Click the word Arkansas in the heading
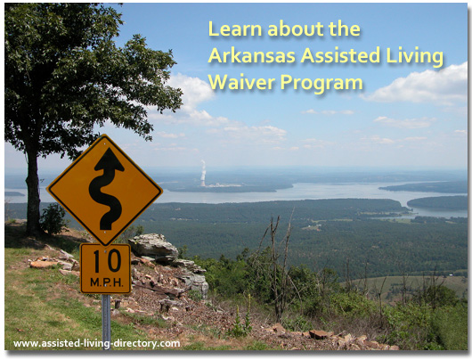click(x=252, y=55)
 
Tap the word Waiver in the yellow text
click(x=241, y=82)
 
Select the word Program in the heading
click(x=321, y=84)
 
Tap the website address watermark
click(x=96, y=343)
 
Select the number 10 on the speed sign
click(x=107, y=261)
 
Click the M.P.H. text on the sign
click(x=106, y=282)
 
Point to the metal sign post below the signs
click(x=106, y=321)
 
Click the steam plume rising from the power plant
click(x=203, y=173)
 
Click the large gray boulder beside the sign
click(x=153, y=247)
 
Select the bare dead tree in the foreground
click(x=280, y=266)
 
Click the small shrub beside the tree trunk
click(x=53, y=218)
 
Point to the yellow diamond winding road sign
click(x=105, y=190)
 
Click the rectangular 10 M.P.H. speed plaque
click(x=106, y=268)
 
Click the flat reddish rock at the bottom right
click(x=321, y=334)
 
